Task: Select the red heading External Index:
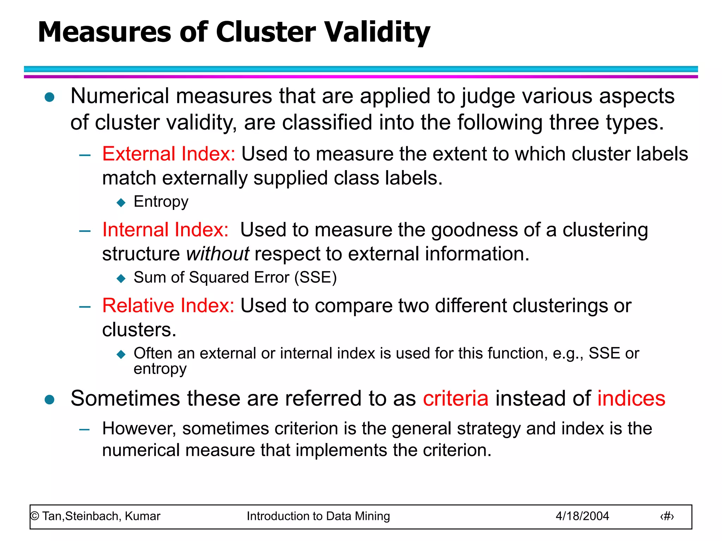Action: click(x=169, y=154)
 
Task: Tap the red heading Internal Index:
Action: click(x=165, y=230)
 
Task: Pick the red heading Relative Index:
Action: click(x=168, y=305)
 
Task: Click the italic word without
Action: click(x=218, y=254)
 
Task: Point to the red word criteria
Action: click(x=455, y=398)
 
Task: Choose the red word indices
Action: click(x=631, y=398)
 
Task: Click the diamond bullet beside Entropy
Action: click(x=121, y=203)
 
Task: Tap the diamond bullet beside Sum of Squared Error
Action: click(x=121, y=279)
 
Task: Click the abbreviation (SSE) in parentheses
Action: click(x=316, y=278)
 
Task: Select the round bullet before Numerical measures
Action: click(x=50, y=97)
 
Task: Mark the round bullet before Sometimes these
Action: click(x=50, y=400)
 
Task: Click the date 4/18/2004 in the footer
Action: click(x=582, y=516)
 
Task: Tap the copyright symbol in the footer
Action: click(x=35, y=516)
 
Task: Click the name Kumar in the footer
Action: click(x=142, y=516)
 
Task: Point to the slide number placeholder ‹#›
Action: click(x=667, y=516)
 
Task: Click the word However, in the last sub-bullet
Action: click(x=139, y=429)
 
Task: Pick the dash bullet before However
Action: click(x=85, y=429)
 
